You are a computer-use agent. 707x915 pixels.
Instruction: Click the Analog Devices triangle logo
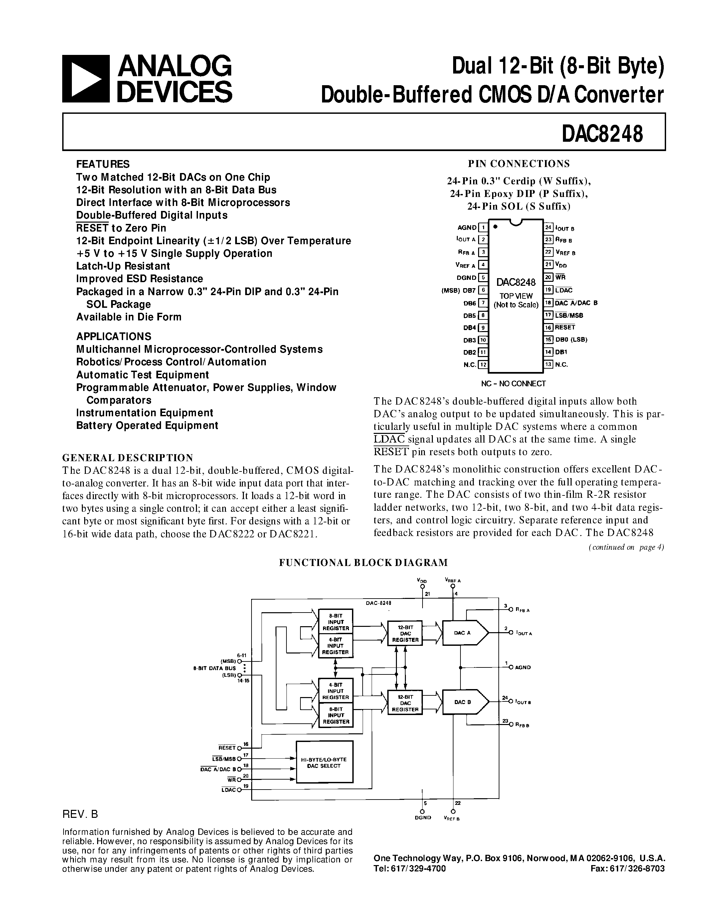click(x=86, y=79)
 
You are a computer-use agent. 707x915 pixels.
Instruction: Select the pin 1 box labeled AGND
click(x=483, y=228)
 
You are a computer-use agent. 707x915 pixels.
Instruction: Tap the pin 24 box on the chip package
click(x=549, y=228)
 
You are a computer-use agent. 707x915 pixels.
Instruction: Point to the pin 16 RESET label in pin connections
click(x=565, y=327)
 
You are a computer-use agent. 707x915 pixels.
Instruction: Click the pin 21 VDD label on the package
click(x=561, y=265)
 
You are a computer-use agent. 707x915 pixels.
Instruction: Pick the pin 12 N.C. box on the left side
click(x=483, y=364)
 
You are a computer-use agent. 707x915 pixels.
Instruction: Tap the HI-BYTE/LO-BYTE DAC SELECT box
click(x=324, y=763)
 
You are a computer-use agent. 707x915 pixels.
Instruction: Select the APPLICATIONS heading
click(x=113, y=336)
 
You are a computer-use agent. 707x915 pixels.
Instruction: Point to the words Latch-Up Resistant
click(x=123, y=266)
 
